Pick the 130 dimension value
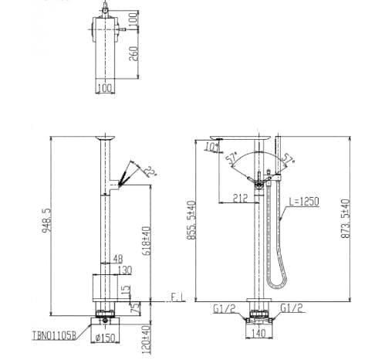point(123,271)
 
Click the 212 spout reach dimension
point(240,199)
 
